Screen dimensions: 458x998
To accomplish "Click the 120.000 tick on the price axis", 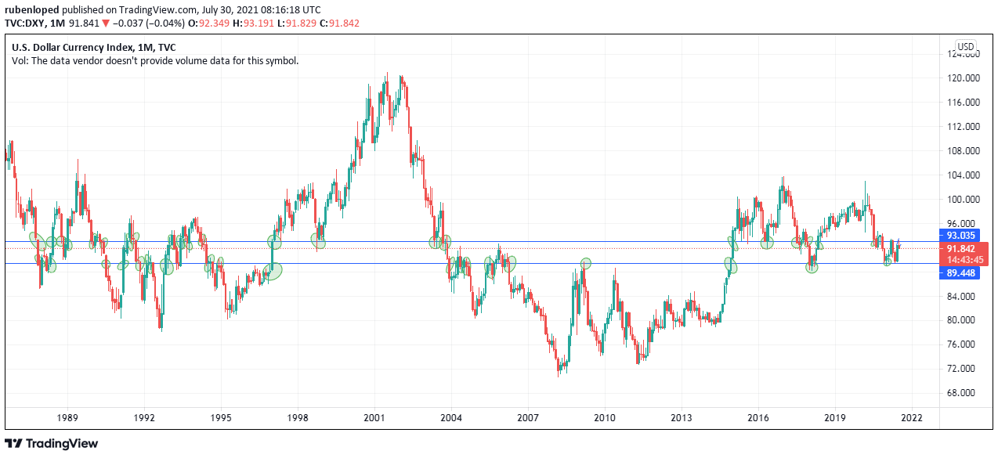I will click(x=964, y=78).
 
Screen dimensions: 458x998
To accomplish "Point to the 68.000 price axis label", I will click(x=964, y=393).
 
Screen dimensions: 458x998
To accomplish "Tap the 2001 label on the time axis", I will click(x=374, y=418).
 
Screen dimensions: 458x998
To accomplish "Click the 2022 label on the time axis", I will click(x=912, y=418).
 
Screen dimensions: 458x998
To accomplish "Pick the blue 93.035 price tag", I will click(x=960, y=235).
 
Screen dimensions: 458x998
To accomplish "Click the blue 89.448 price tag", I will click(x=960, y=273).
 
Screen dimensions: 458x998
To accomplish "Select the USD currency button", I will click(x=965, y=46).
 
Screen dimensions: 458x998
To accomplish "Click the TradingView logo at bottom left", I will click(x=52, y=444).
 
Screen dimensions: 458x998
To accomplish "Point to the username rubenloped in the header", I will click(x=31, y=9).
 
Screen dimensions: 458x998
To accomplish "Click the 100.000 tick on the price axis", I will click(x=964, y=200).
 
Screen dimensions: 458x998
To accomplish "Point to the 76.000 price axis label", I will click(x=964, y=344).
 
